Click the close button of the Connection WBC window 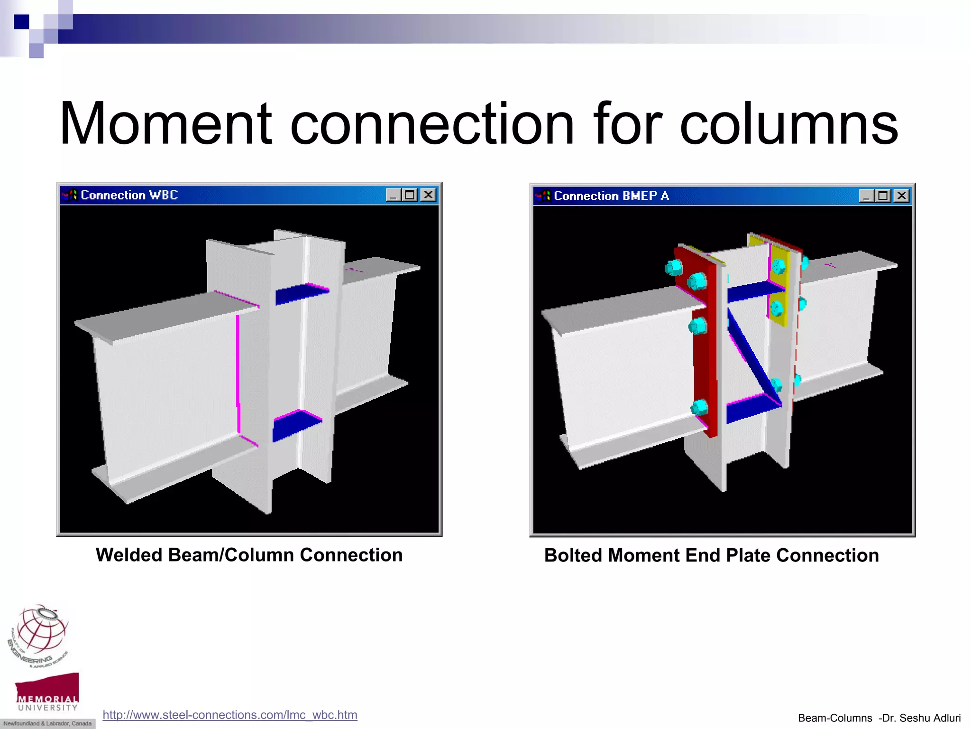[x=428, y=195]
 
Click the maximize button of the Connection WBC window [x=410, y=195]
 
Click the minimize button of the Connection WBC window [x=393, y=195]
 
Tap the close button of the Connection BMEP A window [x=901, y=196]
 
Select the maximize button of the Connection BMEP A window [x=883, y=196]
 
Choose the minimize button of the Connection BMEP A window [x=866, y=196]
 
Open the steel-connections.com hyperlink [x=230, y=715]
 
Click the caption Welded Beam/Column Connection [x=249, y=555]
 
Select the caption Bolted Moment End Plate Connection [x=711, y=555]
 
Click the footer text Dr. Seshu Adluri [x=920, y=718]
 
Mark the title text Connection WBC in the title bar [x=129, y=195]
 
